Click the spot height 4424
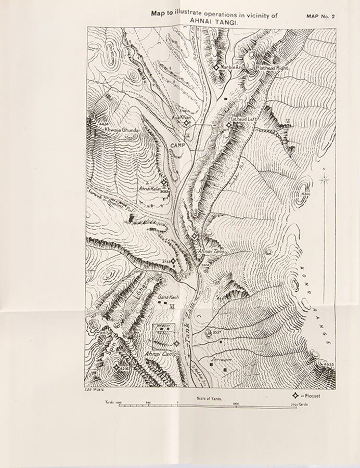click(x=102, y=125)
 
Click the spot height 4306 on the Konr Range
click(x=305, y=194)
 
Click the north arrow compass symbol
click(x=325, y=180)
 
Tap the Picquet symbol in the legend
click(x=298, y=396)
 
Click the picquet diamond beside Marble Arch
click(x=216, y=68)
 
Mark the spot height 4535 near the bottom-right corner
click(x=329, y=364)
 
